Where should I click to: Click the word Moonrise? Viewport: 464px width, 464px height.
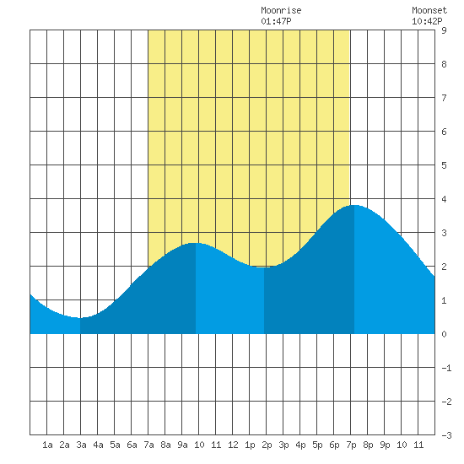point(281,11)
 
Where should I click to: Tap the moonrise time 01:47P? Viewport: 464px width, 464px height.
point(276,21)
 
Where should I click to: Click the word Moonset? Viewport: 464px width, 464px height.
point(429,11)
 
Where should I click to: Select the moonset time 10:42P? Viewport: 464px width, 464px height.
point(427,21)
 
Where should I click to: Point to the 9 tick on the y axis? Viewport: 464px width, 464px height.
point(444,30)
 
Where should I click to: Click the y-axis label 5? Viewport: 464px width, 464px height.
point(444,165)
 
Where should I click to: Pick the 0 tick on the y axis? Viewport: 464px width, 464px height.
point(444,334)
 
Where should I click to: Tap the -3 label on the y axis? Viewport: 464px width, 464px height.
point(446,435)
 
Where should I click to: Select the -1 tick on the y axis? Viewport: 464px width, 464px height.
point(446,368)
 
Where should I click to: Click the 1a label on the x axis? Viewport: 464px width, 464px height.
point(47,445)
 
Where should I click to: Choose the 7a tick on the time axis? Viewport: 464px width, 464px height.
point(148,445)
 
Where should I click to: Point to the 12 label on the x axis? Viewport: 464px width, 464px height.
point(233,445)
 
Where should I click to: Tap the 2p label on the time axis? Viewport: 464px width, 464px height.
point(267,445)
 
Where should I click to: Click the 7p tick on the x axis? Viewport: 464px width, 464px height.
point(351,445)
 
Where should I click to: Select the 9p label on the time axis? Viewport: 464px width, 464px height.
point(385,445)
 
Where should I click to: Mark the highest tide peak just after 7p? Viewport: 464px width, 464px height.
point(354,205)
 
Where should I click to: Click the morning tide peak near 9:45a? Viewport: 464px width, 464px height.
point(196,243)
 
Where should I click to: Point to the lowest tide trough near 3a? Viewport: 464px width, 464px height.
point(80,318)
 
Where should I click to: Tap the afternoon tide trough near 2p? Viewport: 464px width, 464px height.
point(264,267)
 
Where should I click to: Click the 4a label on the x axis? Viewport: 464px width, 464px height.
point(98,445)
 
